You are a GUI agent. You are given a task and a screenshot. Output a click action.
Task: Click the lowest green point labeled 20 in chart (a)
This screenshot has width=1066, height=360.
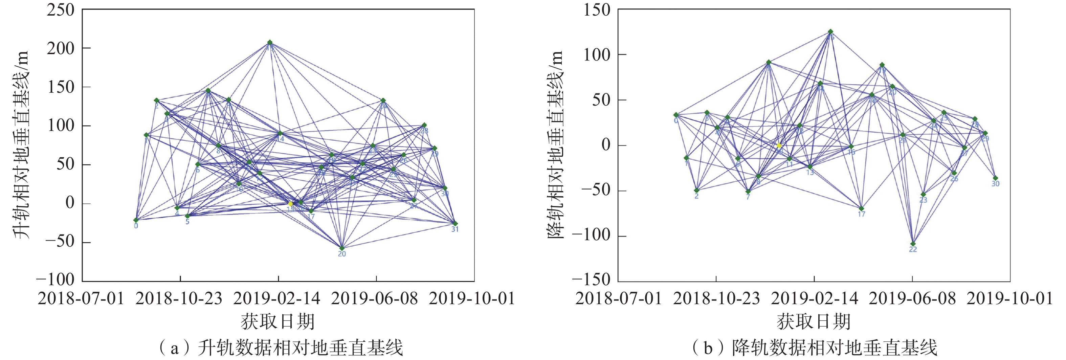342,248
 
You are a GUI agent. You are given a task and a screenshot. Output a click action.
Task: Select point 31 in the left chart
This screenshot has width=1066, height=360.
455,223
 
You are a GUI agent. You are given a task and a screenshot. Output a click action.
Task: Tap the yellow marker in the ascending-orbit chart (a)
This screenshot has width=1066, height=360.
290,204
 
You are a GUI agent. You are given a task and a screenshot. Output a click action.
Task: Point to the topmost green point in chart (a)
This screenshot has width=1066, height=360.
270,42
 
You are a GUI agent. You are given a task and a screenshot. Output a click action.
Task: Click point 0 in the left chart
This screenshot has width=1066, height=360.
136,220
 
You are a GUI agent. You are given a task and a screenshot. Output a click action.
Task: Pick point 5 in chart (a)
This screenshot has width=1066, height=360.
187,216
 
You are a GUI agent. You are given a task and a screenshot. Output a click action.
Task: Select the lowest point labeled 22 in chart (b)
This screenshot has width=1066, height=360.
913,244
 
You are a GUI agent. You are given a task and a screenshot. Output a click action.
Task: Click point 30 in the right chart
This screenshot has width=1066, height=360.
995,178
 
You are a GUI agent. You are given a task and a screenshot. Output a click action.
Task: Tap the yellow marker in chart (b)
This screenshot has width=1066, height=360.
779,145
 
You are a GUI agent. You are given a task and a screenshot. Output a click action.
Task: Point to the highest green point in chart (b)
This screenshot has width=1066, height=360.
830,31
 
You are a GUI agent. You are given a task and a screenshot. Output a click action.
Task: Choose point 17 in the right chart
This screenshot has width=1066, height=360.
861,208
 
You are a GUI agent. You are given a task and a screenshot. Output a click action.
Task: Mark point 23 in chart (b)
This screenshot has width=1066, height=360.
923,194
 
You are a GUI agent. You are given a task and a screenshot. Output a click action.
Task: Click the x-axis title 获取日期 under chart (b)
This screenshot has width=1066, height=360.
814,321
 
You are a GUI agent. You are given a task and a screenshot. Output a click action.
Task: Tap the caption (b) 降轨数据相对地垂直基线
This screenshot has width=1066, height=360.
815,347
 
